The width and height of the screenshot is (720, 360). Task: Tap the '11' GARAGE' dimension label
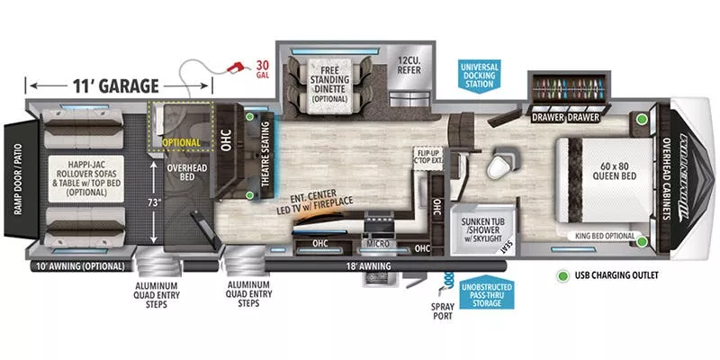(116, 86)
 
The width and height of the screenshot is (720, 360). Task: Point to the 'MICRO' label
(378, 243)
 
